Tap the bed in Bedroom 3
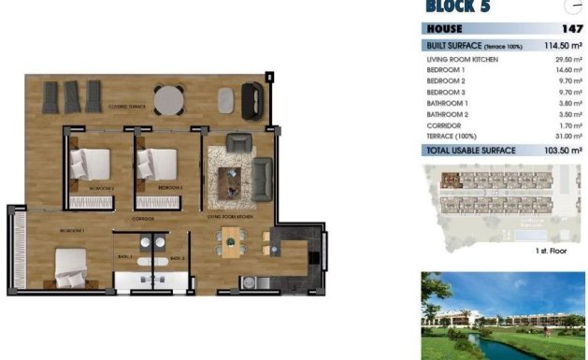click(156, 165)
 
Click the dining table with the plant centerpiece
click(231, 245)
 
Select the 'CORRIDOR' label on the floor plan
click(143, 218)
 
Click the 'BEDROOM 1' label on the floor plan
click(73, 229)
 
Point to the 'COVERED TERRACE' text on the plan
click(129, 106)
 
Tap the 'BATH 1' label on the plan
click(124, 257)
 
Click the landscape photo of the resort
click(502, 315)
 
